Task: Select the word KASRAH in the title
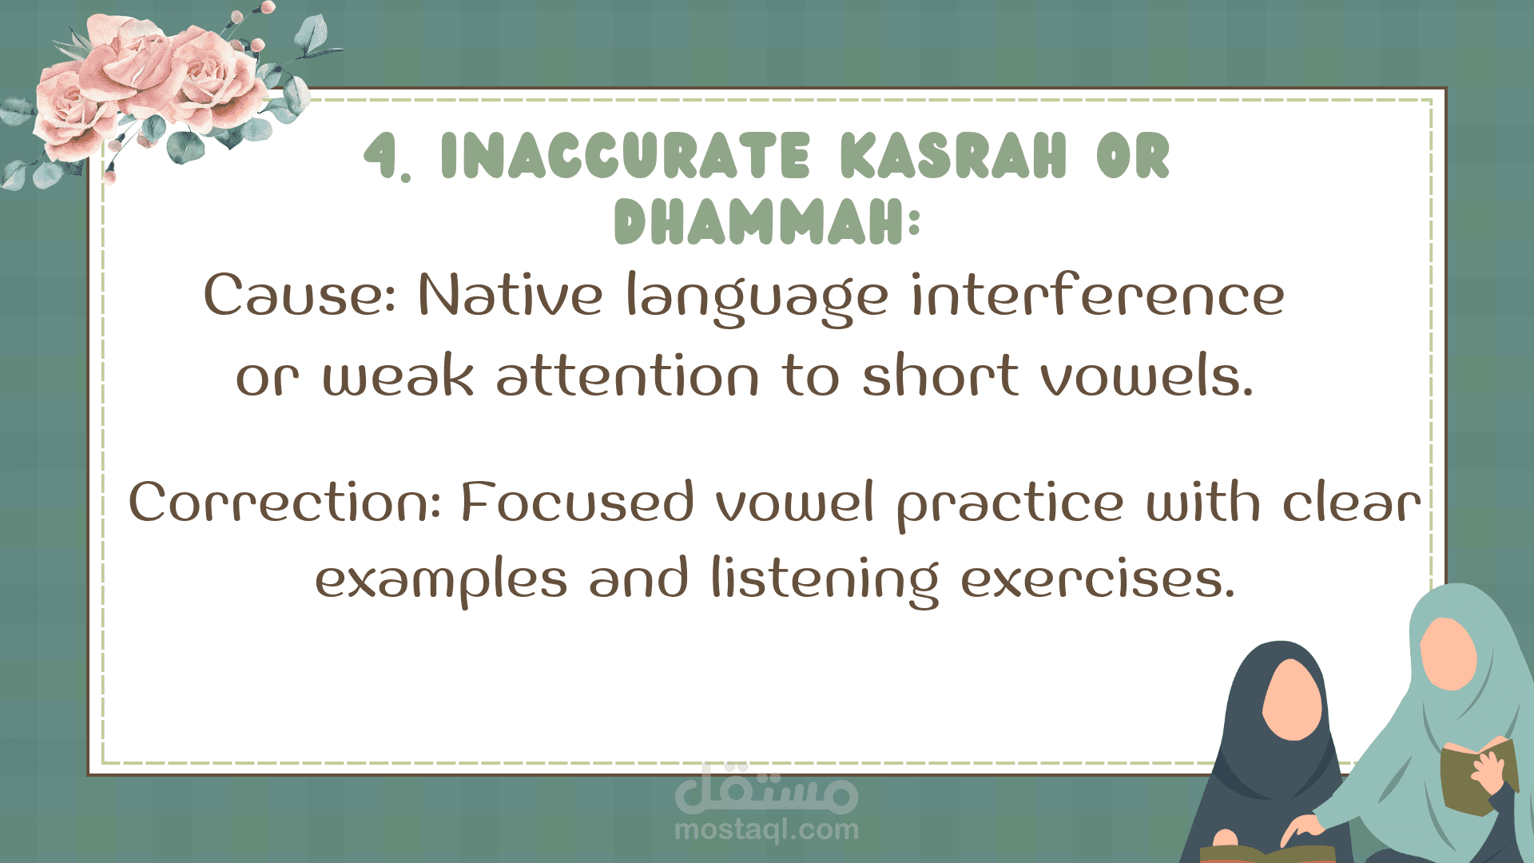pyautogui.click(x=953, y=155)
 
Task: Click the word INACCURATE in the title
pyautogui.click(x=626, y=155)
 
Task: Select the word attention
pyautogui.click(x=627, y=375)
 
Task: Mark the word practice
pyautogui.click(x=1011, y=505)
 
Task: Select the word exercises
pyautogui.click(x=1098, y=579)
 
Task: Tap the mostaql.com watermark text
pyautogui.click(x=766, y=829)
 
